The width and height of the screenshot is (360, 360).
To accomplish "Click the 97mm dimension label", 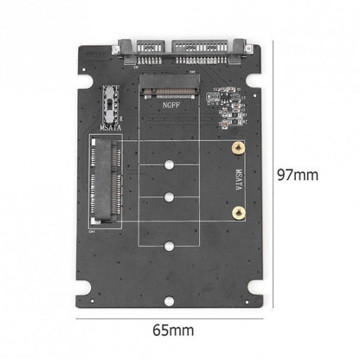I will click(297, 175).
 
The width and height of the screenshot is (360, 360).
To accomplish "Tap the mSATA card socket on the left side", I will click(102, 186).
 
